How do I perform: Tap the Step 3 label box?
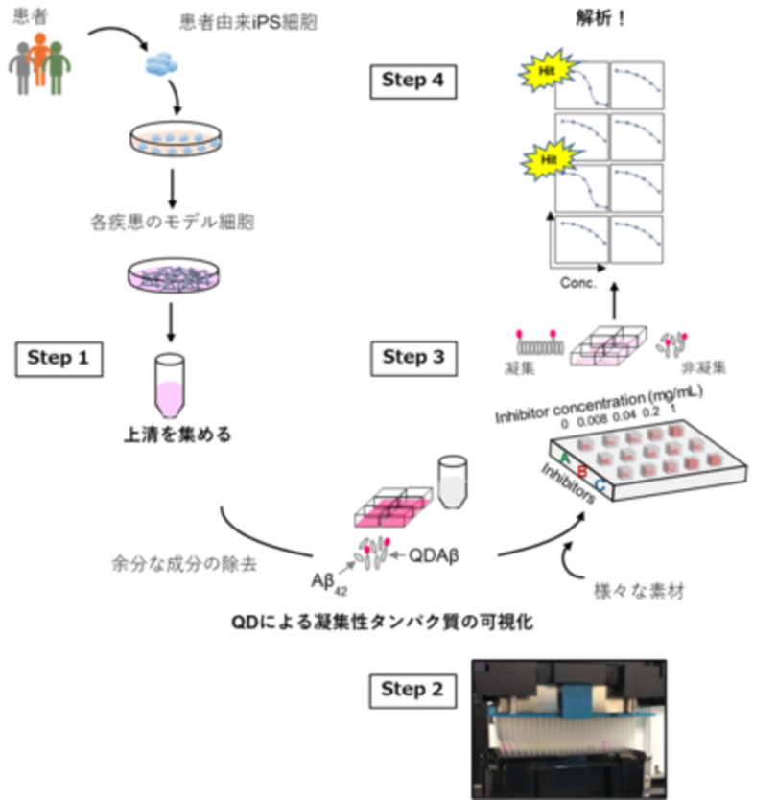click(413, 358)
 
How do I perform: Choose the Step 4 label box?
click(412, 82)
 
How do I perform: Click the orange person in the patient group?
click(39, 62)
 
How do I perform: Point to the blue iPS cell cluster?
click(163, 65)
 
